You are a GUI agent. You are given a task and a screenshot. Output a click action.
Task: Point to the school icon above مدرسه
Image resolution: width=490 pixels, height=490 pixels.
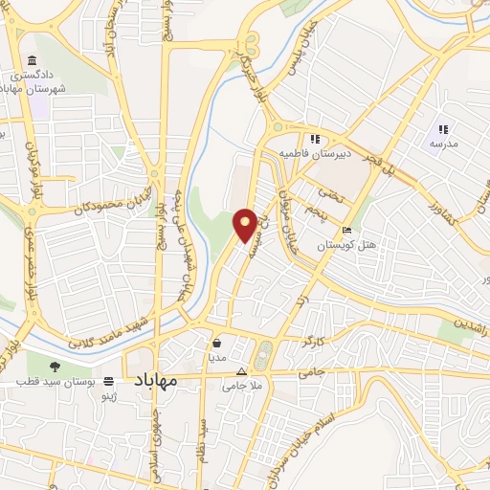tap(442, 129)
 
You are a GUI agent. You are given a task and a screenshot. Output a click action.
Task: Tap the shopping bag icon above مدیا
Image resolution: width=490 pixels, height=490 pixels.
tap(218, 342)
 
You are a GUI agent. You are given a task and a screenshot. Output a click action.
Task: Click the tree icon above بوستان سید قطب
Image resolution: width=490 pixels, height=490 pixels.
tap(54, 366)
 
